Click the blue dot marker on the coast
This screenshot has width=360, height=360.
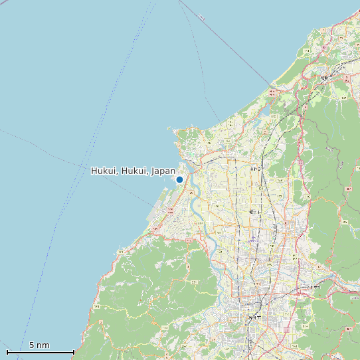[x=179, y=179]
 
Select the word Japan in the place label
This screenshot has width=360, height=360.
[x=163, y=171]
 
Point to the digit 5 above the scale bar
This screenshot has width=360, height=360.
[x=32, y=345]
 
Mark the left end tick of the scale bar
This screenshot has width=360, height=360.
[x=7, y=351]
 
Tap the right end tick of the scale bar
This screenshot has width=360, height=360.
[x=74, y=351]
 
